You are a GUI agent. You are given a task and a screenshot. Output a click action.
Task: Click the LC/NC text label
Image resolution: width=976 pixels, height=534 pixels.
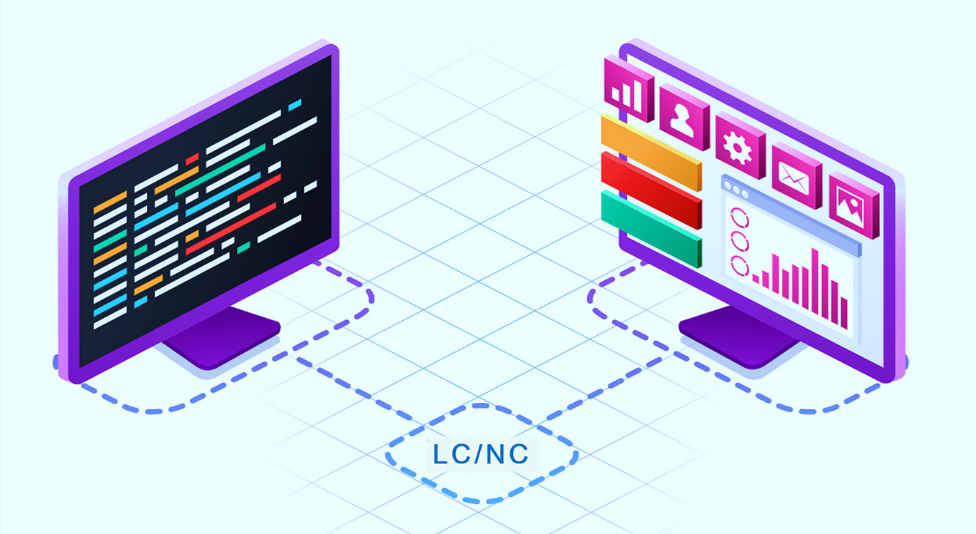[x=481, y=453]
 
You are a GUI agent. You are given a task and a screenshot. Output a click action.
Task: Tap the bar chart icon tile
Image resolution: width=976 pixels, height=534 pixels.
[x=629, y=88]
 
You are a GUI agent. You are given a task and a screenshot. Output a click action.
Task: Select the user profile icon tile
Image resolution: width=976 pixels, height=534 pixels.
[x=684, y=117]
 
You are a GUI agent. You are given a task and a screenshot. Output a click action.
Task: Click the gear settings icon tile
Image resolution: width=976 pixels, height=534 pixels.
[x=741, y=145]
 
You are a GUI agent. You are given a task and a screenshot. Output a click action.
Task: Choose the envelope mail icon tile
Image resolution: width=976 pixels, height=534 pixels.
[x=796, y=175]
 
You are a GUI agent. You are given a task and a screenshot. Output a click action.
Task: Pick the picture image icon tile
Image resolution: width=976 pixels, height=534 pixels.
[x=853, y=205]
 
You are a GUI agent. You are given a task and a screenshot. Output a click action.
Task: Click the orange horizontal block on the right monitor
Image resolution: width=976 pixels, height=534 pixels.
[x=651, y=153]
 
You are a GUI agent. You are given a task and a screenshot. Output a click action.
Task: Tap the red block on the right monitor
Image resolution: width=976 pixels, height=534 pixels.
[x=651, y=190]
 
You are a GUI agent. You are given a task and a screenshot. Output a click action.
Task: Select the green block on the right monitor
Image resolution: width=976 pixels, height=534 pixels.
[x=651, y=229]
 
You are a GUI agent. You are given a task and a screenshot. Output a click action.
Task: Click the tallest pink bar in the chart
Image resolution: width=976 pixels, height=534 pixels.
[x=815, y=281]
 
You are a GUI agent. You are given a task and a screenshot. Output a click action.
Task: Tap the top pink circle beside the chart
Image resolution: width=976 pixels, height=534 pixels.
[x=739, y=217]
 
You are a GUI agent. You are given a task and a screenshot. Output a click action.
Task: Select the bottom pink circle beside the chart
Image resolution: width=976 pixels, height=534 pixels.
[x=739, y=266]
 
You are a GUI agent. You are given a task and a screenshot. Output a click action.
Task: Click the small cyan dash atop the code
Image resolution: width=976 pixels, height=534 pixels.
[x=295, y=105]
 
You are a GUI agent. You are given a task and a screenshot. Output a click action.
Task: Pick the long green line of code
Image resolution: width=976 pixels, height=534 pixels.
[x=220, y=170]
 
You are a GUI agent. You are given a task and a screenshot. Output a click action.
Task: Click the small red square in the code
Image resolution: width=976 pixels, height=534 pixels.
[x=192, y=159]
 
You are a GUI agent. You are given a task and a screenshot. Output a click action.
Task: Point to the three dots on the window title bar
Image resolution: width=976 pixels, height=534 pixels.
[x=736, y=190]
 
